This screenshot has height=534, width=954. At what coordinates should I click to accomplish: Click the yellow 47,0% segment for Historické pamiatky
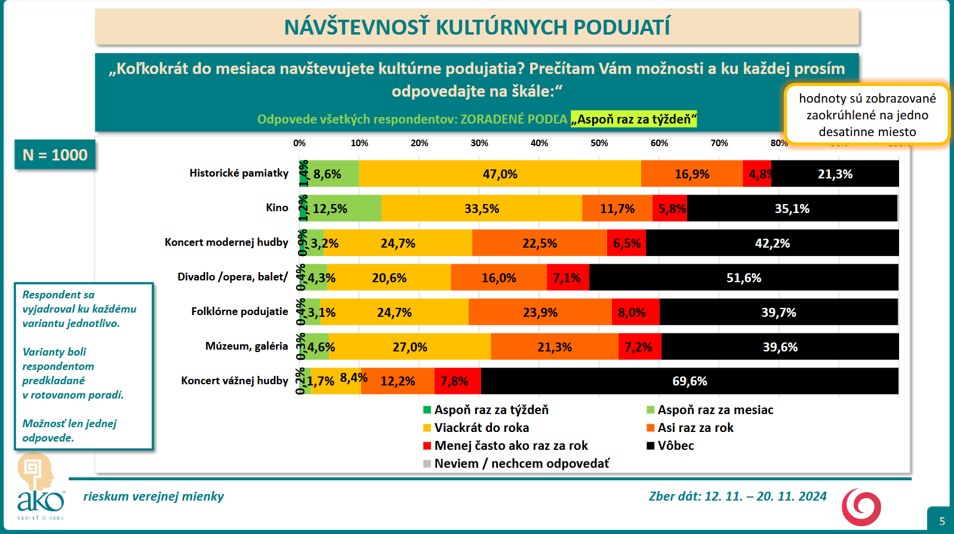[500, 174]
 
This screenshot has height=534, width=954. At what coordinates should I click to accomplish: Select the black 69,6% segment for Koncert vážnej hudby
[690, 381]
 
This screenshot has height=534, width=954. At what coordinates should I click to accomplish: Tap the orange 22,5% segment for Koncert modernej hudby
[539, 243]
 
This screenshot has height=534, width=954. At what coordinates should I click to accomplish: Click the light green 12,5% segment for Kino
[344, 208]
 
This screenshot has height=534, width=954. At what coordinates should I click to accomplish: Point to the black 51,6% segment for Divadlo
[743, 277]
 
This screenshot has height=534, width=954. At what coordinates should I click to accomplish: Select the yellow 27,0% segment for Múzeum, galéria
[410, 347]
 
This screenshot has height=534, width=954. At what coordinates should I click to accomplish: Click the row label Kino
[277, 208]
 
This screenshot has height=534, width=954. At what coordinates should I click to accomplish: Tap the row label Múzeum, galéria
[247, 346]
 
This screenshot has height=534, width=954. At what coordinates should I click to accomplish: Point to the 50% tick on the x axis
[599, 143]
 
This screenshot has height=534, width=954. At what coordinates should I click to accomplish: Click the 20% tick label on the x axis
[419, 143]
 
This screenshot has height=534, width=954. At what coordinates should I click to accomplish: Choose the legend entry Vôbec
[675, 446]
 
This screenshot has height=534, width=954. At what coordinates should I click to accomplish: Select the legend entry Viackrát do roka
[481, 428]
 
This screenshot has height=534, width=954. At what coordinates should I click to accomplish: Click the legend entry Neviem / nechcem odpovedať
[521, 464]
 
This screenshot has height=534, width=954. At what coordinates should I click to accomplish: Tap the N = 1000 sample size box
[55, 155]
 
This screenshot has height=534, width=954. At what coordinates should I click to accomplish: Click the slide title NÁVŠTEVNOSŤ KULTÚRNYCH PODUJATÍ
[476, 27]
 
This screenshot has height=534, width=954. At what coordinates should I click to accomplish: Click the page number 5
[942, 521]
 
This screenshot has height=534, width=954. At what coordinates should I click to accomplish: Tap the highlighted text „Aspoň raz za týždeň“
[633, 119]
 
